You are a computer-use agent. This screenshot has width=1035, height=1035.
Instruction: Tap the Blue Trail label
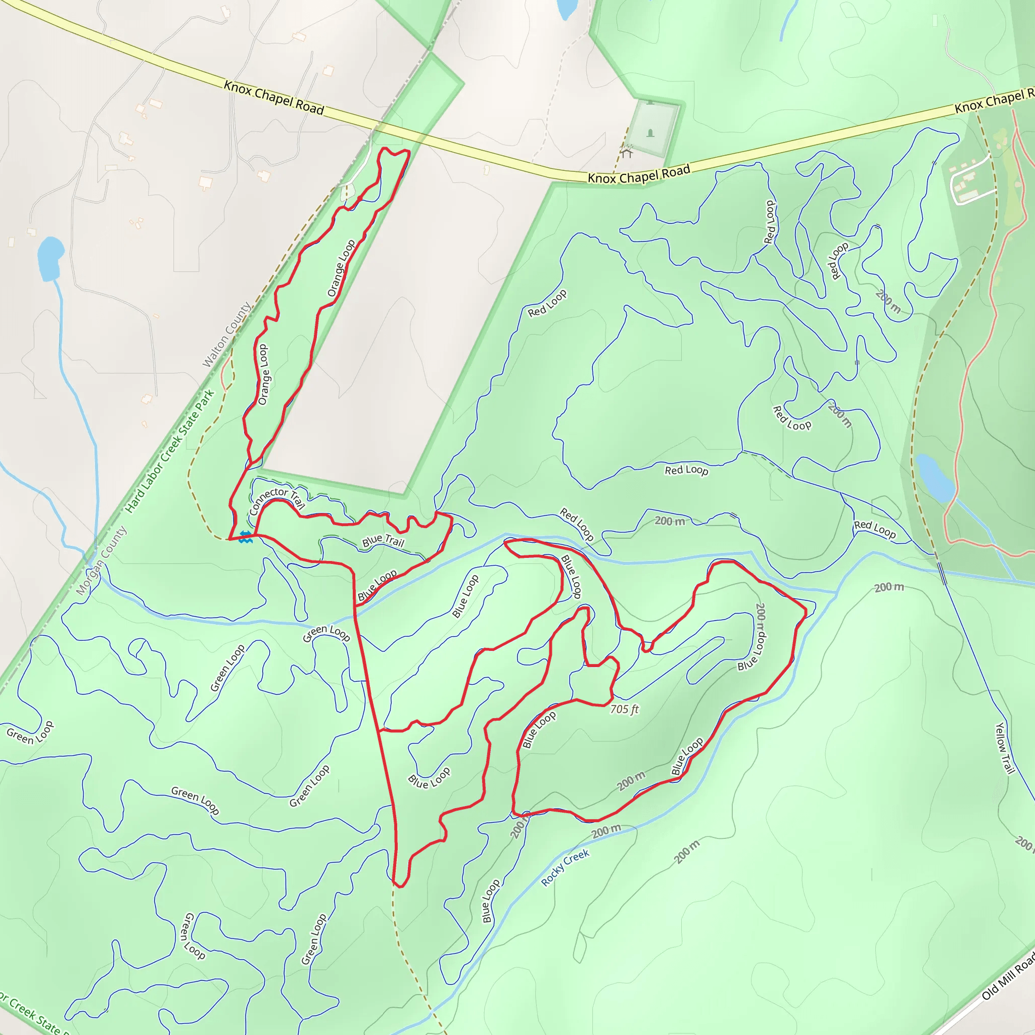point(383,541)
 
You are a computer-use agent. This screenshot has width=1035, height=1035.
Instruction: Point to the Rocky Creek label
point(565,867)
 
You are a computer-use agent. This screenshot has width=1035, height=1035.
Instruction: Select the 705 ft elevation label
point(625,709)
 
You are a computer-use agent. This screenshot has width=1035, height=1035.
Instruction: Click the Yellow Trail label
point(1005,748)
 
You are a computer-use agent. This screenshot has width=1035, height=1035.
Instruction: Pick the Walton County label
point(226,335)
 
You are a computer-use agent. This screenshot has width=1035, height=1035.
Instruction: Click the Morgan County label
point(101,560)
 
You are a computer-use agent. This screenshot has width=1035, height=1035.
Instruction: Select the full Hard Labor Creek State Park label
point(170,452)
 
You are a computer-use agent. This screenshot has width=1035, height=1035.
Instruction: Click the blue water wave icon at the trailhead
point(245,537)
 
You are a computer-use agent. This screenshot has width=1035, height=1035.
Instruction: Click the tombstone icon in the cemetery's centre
point(650,132)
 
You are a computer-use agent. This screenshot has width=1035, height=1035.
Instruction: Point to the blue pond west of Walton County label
point(51,258)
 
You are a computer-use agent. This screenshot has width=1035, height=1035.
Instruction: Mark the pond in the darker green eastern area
point(934,477)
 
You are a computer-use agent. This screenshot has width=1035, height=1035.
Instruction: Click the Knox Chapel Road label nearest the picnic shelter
point(639,174)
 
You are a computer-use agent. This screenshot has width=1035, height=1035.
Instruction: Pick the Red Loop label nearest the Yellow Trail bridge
point(874,529)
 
